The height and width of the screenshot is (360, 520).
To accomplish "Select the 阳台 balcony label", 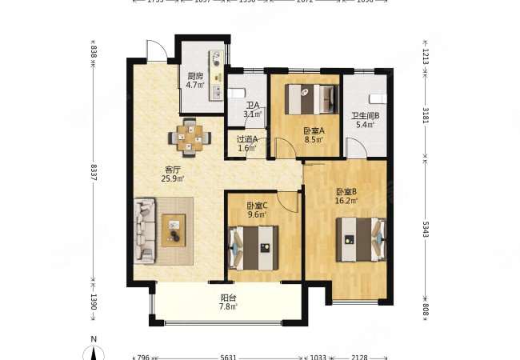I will point(228,299).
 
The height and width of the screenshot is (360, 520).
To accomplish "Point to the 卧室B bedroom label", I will point(346,192).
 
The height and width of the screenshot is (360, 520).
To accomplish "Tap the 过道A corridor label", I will point(246,139).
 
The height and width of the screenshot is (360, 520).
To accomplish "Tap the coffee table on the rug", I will point(174,230).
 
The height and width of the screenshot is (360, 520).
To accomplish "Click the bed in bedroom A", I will point(315,100).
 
